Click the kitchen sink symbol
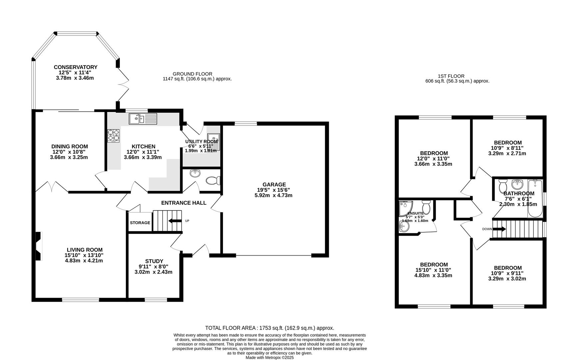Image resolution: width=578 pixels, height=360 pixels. point(143,119)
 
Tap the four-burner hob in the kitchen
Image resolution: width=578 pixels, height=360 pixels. point(113,136)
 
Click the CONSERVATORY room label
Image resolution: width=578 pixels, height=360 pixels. point(76,67)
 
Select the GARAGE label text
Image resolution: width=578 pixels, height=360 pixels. point(274,184)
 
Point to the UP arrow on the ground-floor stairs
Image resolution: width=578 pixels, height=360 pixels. point(175,221)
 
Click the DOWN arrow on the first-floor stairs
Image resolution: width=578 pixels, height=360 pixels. point(499,229)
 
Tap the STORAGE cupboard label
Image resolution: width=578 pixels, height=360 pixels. point(140,223)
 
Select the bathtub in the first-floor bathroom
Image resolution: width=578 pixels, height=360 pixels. point(535,199)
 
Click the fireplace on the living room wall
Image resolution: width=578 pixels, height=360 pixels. point(39,246)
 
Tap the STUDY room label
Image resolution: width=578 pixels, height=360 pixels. point(154,261)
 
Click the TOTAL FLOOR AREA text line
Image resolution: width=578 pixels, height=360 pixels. point(269,328)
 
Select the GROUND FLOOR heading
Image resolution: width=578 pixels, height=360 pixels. point(192,74)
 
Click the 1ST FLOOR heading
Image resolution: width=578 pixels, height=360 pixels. point(451,76)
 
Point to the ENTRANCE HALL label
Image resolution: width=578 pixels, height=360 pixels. point(184,203)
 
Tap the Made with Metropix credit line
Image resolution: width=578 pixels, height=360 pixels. point(270,357)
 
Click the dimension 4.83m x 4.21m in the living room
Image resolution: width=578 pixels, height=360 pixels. point(84,261)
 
